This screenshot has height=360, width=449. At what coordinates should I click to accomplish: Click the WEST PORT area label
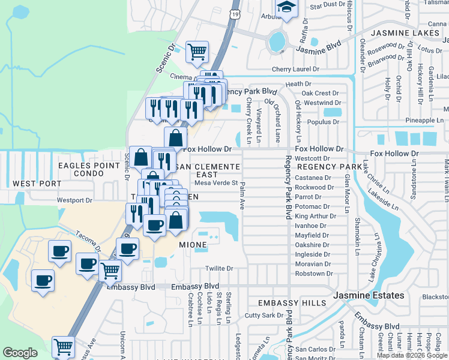click(x=34, y=183)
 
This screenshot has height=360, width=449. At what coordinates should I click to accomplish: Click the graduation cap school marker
click(x=286, y=8)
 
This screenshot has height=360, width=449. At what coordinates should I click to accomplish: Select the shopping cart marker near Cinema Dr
click(x=197, y=52)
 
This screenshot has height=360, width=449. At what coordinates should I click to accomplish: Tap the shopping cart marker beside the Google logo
click(x=63, y=346)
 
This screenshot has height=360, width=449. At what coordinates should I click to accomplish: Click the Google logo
click(x=20, y=353)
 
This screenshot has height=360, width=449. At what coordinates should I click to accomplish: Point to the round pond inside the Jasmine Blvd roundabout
click(x=277, y=42)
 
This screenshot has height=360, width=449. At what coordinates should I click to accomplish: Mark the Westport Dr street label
click(x=75, y=200)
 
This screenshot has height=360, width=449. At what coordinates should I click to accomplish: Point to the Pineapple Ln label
click(x=424, y=121)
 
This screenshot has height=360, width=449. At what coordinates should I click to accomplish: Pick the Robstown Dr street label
click(x=314, y=274)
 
